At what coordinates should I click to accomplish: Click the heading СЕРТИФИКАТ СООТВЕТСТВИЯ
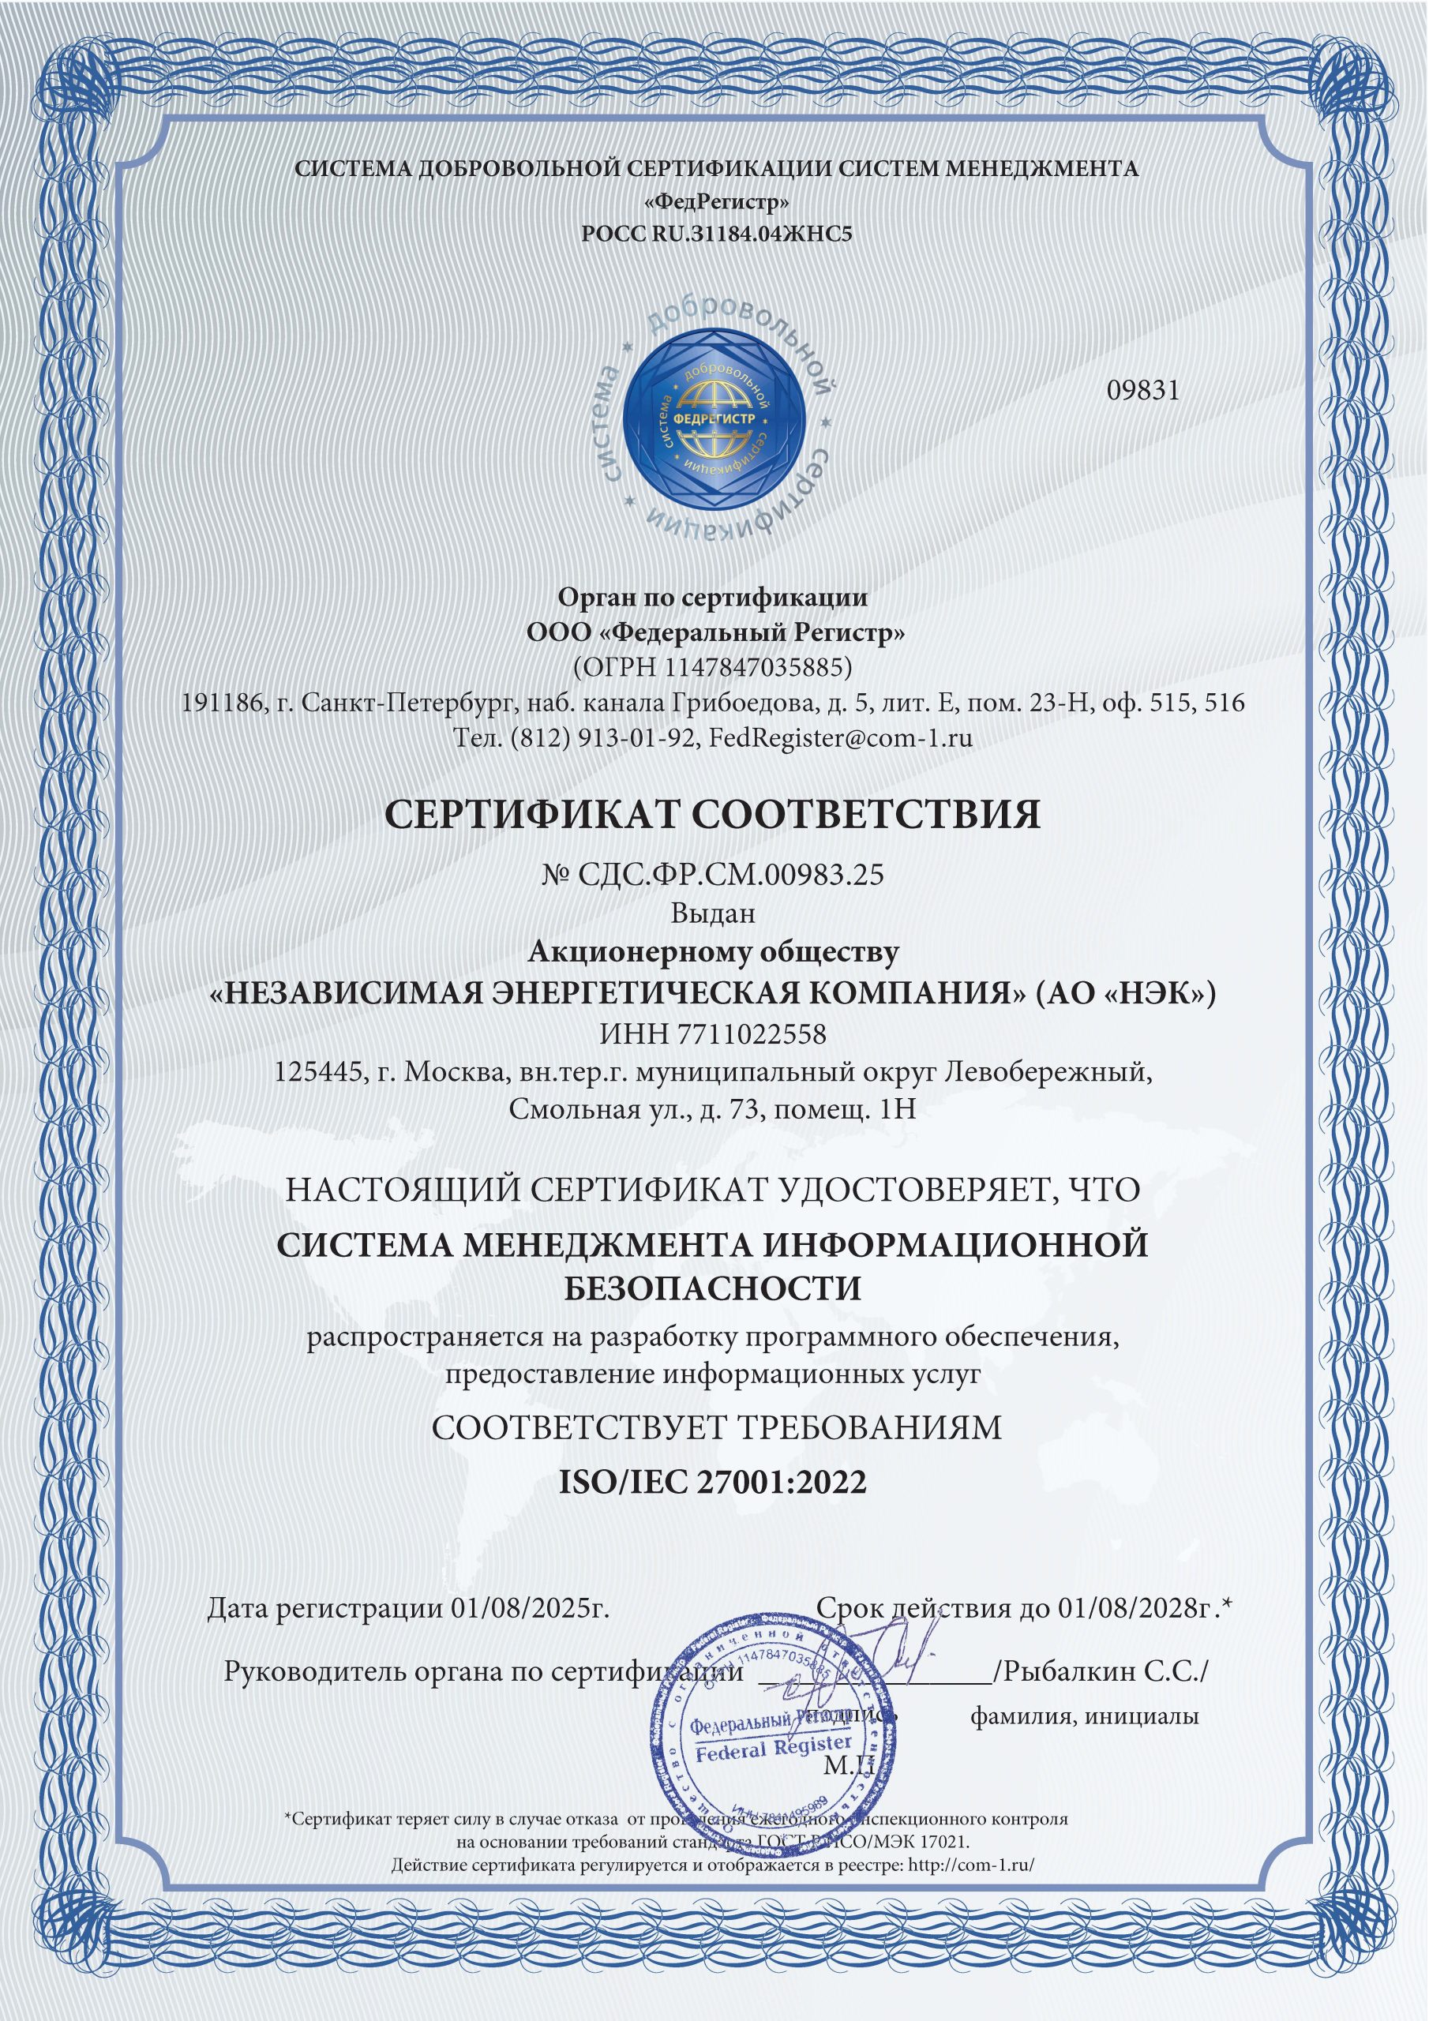[x=713, y=814]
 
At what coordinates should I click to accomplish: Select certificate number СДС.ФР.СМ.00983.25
[x=731, y=875]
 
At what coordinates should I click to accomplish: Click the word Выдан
[x=713, y=913]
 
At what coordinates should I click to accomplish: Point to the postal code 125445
[x=316, y=1072]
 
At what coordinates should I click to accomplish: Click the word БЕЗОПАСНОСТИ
[x=712, y=1288]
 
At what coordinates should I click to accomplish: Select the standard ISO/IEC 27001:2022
[x=713, y=1482]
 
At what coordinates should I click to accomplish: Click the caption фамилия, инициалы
[x=1084, y=1716]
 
